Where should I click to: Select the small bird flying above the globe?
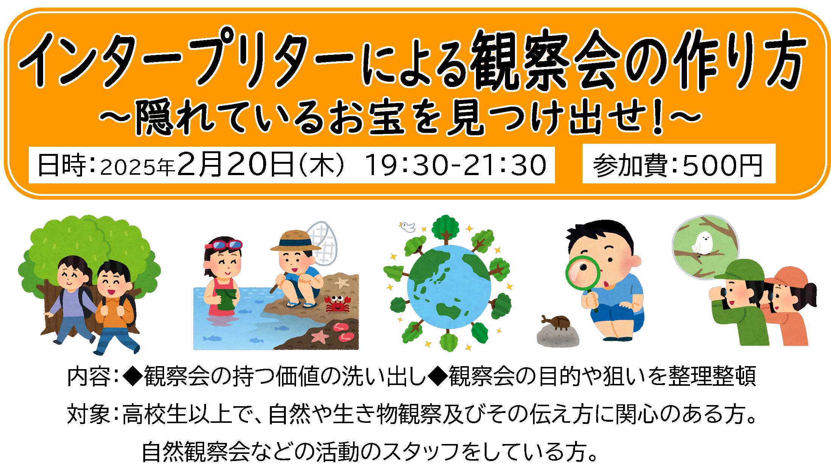(407, 227)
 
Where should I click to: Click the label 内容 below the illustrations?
(89, 376)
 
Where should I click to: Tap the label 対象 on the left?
(89, 414)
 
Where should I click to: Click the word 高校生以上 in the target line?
(177, 414)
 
